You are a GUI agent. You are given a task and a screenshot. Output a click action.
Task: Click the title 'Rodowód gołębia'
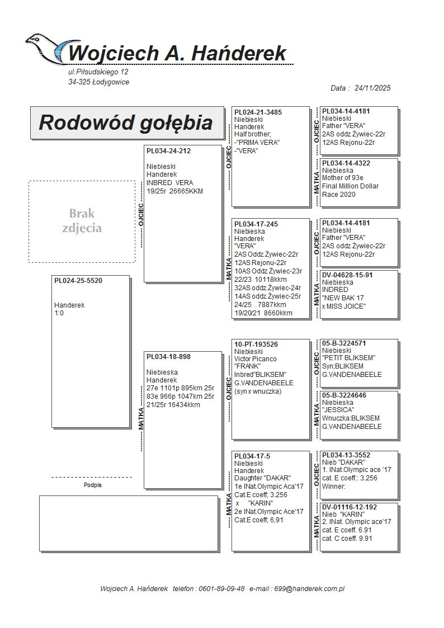pos(125,122)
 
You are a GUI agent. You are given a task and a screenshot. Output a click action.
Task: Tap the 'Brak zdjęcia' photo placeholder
pos(82,221)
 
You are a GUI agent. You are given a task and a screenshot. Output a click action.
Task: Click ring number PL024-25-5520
pos(78,281)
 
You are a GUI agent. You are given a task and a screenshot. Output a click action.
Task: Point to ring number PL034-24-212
pos(168,151)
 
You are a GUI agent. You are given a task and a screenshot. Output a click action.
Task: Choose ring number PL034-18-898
pos(168,357)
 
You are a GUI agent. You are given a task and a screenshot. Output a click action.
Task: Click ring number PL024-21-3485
pos(258,112)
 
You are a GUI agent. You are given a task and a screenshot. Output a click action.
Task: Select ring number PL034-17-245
pos(256,224)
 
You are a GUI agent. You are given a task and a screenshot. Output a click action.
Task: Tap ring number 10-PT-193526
pos(256,344)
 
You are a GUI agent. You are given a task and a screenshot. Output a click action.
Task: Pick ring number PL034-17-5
pos(252,456)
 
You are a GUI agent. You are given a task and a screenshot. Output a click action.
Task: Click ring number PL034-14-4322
pos(346,163)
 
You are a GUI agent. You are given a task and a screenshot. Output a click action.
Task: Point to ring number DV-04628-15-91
pos(347,275)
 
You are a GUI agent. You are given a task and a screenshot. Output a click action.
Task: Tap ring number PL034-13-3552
pos(346,455)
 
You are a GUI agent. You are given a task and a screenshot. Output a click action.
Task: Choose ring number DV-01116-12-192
pos(349,507)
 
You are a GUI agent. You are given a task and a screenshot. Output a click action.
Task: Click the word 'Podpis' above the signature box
pos(92,485)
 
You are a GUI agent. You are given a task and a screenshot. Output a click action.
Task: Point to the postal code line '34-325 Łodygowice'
pos(98,82)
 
